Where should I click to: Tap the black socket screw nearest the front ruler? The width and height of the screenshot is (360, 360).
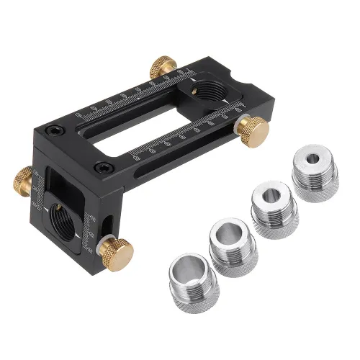[100, 168]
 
